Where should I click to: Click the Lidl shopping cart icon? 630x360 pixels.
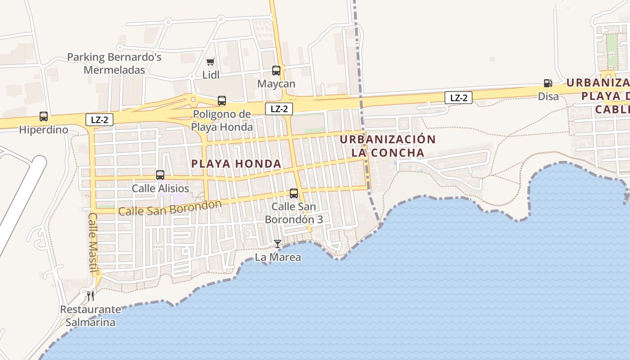tap(210, 62)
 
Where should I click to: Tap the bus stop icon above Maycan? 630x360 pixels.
tap(276, 71)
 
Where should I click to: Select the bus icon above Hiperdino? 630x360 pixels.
tap(44, 117)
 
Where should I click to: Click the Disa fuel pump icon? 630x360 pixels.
tap(548, 83)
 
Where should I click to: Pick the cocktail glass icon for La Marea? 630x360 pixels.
tap(278, 244)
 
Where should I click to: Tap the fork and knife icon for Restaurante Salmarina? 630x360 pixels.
tap(90, 296)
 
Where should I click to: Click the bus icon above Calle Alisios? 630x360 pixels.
tap(160, 175)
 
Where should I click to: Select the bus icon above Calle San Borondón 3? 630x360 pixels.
tap(294, 193)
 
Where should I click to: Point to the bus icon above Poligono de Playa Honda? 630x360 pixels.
tap(222, 101)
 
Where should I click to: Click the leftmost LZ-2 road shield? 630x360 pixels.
tap(99, 120)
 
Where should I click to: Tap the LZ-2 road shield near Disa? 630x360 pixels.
tap(459, 98)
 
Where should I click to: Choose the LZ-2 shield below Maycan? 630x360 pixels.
tap(279, 108)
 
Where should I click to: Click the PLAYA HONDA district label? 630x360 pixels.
tap(236, 164)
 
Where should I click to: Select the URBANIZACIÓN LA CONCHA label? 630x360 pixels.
tap(388, 146)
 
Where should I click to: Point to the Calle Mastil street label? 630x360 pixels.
tap(94, 243)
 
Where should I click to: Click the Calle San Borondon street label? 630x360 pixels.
tap(170, 208)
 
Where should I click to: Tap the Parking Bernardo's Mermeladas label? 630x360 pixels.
tap(114, 63)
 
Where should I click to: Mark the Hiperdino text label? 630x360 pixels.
tap(44, 130)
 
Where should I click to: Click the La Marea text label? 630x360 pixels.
tap(278, 257)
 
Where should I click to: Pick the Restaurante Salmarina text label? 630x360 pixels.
tap(90, 316)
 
